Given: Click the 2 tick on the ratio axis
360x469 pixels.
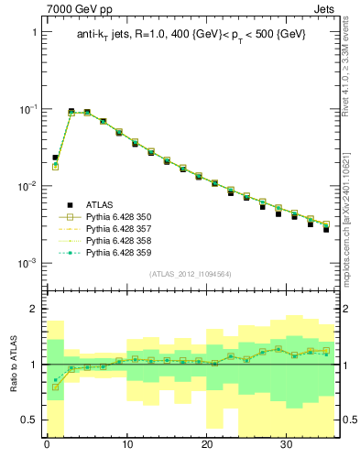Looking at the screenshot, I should [x=35, y=309].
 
